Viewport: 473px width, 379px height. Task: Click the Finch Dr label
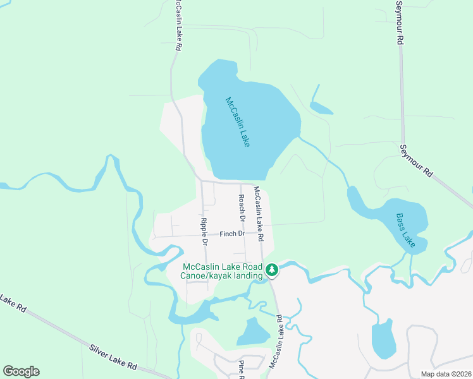pyautogui.click(x=232, y=234)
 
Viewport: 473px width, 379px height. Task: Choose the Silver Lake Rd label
pyautogui.click(x=113, y=357)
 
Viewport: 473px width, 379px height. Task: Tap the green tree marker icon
pyautogui.click(x=272, y=270)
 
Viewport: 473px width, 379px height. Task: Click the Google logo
pyautogui.click(x=21, y=371)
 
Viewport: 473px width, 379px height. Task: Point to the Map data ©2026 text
pyautogui.click(x=446, y=374)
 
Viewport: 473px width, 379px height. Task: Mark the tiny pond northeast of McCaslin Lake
pyautogui.click(x=321, y=108)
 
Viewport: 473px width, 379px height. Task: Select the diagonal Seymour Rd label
pyautogui.click(x=416, y=160)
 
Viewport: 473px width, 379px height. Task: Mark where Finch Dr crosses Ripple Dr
pyautogui.click(x=203, y=236)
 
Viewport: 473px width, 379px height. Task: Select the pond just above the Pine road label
pyautogui.click(x=254, y=332)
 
